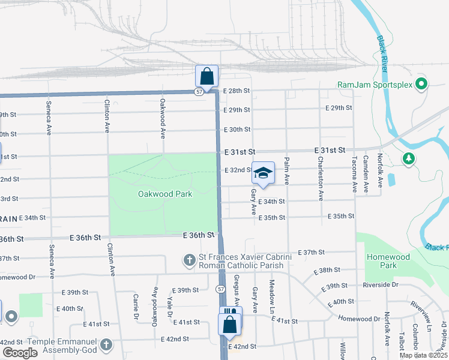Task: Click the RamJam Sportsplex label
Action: [375, 85]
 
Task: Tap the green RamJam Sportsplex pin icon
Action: [421, 84]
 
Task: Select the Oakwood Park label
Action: [165, 194]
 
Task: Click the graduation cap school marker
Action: [262, 173]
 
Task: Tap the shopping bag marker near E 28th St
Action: [206, 76]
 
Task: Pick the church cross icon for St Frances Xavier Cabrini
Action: [189, 260]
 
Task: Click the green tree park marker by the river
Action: [409, 158]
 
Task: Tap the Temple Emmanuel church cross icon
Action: [106, 345]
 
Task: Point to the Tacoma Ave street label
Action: [355, 175]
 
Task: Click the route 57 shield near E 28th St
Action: [199, 92]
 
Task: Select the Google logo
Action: [20, 353]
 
